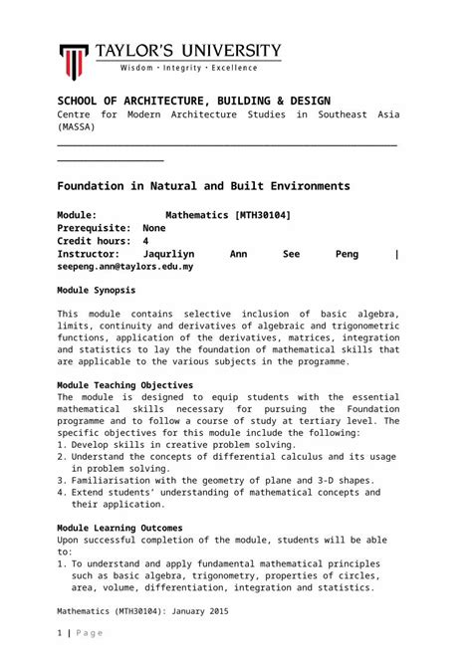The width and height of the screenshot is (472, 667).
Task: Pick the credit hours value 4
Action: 146,241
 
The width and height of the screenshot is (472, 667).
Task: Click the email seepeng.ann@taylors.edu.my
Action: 125,267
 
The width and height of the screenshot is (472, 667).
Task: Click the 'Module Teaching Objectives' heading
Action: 124,384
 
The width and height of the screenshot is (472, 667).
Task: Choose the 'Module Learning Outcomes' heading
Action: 119,528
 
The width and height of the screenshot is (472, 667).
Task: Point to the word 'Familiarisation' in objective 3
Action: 116,479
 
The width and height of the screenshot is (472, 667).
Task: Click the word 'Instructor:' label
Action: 91,254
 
